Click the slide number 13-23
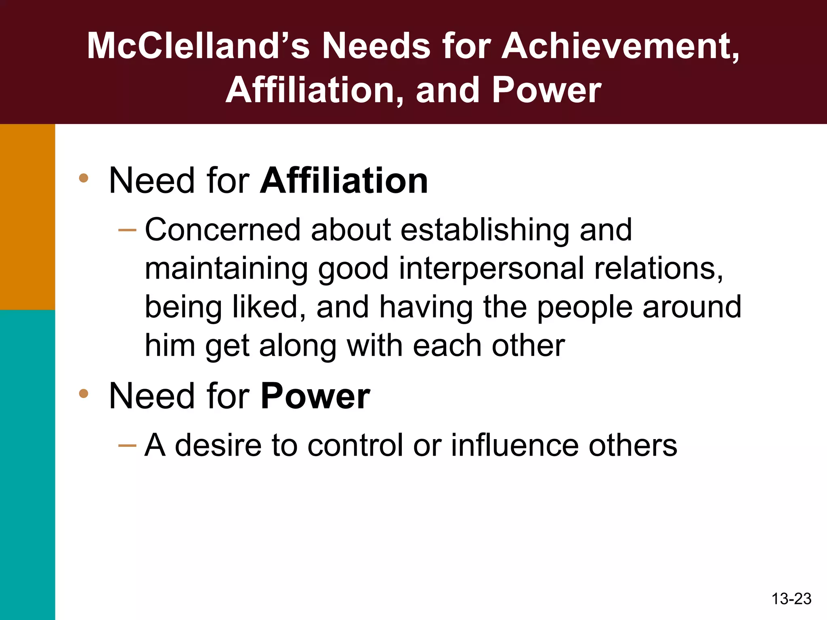(x=791, y=599)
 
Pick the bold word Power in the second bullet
(x=315, y=396)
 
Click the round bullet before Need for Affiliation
(x=84, y=178)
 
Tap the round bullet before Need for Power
(x=84, y=393)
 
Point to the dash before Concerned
(x=127, y=230)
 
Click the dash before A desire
(x=127, y=446)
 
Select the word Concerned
(x=222, y=230)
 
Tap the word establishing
(x=485, y=230)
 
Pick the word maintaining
(x=226, y=268)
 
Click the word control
(x=355, y=445)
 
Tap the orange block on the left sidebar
(x=27, y=217)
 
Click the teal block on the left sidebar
(x=27, y=464)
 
